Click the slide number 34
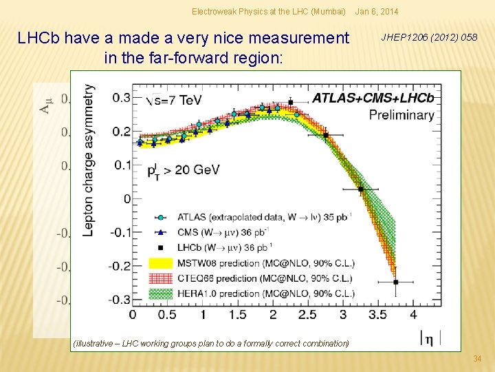[x=478, y=359]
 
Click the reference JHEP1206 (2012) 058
[x=428, y=37]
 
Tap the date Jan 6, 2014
[x=377, y=12]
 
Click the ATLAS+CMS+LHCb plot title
[x=373, y=98]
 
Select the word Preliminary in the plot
[x=401, y=114]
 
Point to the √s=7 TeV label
[x=175, y=100]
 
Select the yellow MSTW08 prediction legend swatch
[x=164, y=262]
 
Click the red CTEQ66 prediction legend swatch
[x=164, y=278]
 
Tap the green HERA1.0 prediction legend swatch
[x=164, y=293]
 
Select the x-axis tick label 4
[x=412, y=314]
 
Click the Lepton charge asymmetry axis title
[x=89, y=160]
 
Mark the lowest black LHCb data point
[x=395, y=282]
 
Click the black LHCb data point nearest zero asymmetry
[x=360, y=189]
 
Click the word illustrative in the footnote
[x=93, y=343]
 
